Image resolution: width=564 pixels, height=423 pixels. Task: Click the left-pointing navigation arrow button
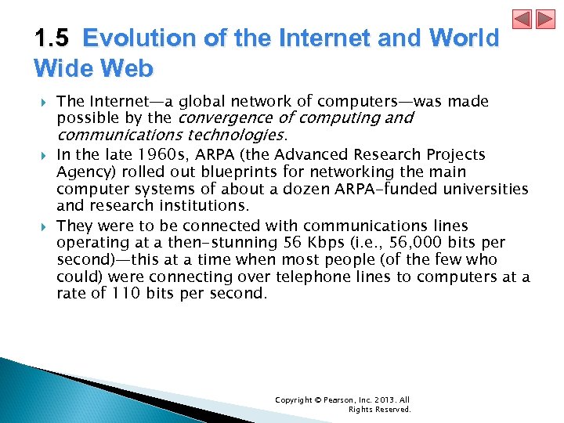tap(522, 19)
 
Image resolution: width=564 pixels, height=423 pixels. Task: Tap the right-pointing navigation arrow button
tap(544, 19)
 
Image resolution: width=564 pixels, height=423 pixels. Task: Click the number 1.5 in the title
tap(52, 38)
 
